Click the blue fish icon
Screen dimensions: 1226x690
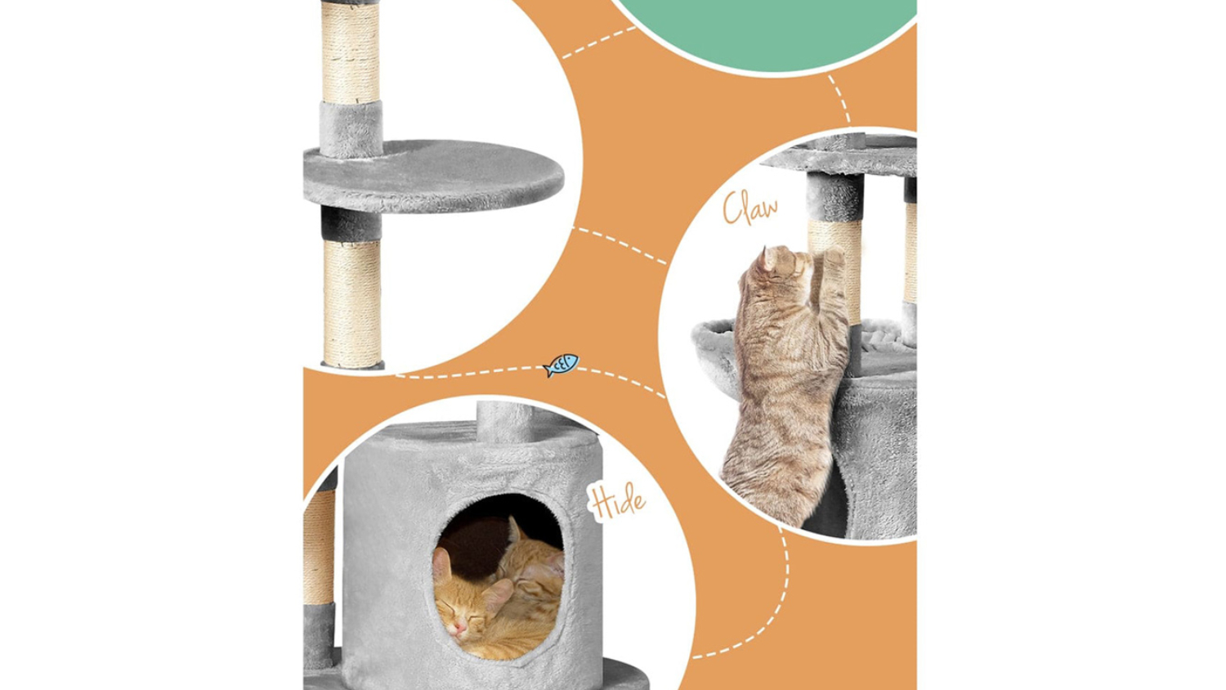pyautogui.click(x=561, y=365)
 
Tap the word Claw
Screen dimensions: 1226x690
pyautogui.click(x=750, y=208)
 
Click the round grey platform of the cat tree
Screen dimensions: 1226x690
pyautogui.click(x=433, y=177)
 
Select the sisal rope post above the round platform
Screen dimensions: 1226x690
pyautogui.click(x=351, y=52)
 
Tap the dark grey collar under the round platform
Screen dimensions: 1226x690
pyautogui.click(x=351, y=224)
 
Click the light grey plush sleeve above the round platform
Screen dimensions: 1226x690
pyautogui.click(x=351, y=129)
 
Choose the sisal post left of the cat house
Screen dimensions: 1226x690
pyautogui.click(x=319, y=547)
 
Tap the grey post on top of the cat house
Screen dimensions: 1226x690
pyautogui.click(x=503, y=422)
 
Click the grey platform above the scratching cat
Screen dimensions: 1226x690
pyautogui.click(x=839, y=155)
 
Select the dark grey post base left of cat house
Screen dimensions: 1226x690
pyautogui.click(x=319, y=636)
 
